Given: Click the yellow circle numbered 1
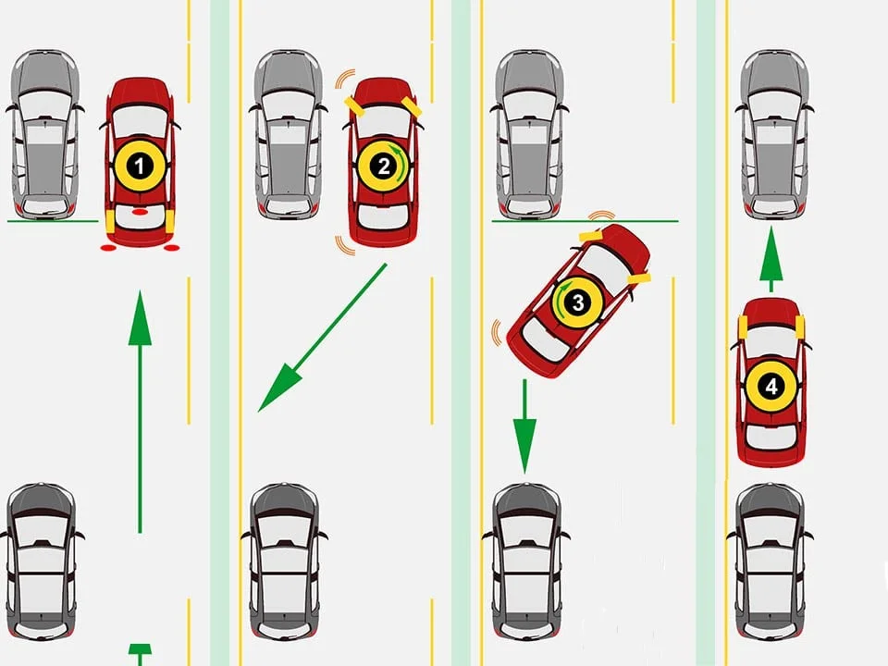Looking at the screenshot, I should (140, 166).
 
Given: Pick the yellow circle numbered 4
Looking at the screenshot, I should (771, 384).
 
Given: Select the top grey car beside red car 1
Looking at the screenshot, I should (43, 134).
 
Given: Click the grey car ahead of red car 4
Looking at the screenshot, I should (775, 134).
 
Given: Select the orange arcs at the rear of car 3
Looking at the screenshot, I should (498, 333).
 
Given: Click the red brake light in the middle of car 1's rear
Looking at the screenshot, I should (140, 212).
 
